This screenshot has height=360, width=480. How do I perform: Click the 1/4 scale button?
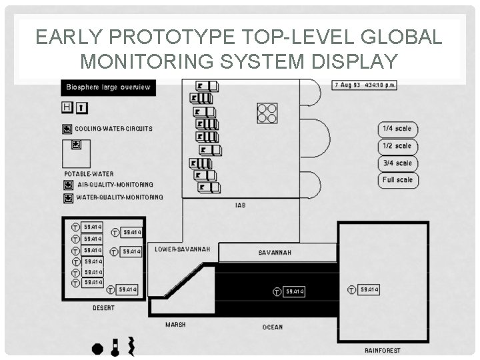coord(398,129)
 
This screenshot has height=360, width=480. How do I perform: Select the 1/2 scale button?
coord(398,146)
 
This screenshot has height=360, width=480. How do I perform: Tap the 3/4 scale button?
coord(398,163)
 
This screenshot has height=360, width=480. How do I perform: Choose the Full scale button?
coord(398,180)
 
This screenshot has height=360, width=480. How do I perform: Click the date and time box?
coord(365,85)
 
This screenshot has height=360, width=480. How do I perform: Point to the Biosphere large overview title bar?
coord(109,87)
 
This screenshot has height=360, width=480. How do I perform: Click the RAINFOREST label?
coord(383,350)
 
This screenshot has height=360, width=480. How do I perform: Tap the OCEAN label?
coord(272,327)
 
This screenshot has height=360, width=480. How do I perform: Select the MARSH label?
coord(175,325)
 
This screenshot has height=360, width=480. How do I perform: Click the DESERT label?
coord(103,308)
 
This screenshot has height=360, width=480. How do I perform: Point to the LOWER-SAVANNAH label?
coord(182,249)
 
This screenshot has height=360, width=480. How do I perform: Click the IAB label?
coord(240,205)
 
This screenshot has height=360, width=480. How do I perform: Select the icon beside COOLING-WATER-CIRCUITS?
coord(67,129)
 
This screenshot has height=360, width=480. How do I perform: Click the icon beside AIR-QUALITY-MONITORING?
coord(68,185)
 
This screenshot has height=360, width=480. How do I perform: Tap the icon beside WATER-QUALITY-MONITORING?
coord(68,198)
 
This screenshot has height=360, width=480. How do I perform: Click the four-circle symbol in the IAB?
coord(267,113)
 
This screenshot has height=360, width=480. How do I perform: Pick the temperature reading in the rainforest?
coord(369,290)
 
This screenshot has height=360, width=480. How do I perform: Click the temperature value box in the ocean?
coord(295,291)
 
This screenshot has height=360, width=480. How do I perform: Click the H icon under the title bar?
coord(67,107)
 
